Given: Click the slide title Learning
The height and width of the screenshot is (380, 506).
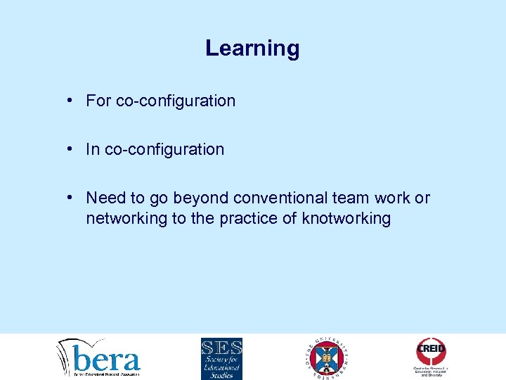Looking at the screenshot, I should [252, 49].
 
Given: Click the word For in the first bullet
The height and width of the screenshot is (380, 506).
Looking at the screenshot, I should [98, 101].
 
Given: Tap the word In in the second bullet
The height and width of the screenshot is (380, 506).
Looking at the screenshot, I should [93, 149].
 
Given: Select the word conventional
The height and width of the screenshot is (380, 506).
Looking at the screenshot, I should [278, 198].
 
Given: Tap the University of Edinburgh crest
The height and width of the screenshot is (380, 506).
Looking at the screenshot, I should [327, 357].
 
